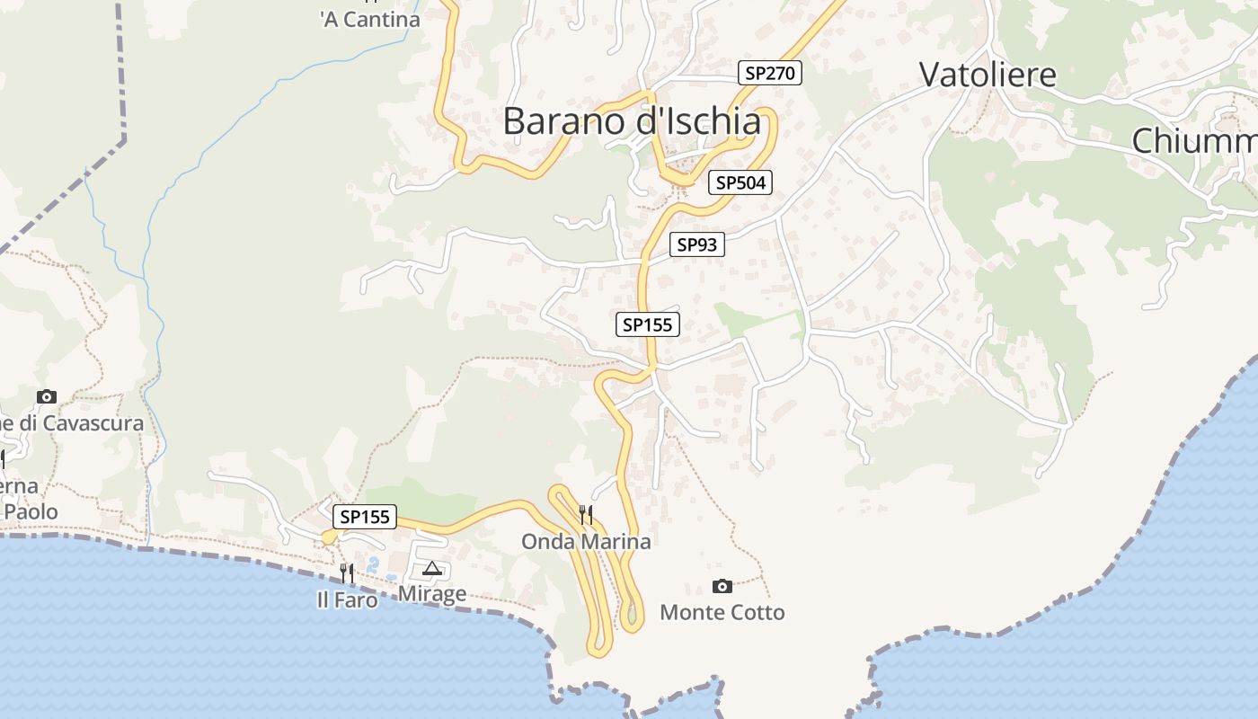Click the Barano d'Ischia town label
click(632, 121)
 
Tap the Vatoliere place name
click(988, 75)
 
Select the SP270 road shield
click(770, 73)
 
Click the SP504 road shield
click(740, 182)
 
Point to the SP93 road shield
click(696, 244)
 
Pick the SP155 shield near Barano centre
click(647, 324)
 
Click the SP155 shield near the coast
click(365, 517)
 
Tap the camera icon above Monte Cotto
click(722, 587)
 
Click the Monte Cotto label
click(722, 613)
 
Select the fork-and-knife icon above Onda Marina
click(586, 514)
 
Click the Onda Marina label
click(586, 542)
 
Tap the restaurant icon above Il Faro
click(347, 573)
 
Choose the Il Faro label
click(347, 599)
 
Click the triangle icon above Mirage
click(432, 568)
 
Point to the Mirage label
click(432, 594)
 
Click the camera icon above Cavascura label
click(47, 396)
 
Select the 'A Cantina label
click(369, 19)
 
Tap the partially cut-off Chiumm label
click(1193, 141)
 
